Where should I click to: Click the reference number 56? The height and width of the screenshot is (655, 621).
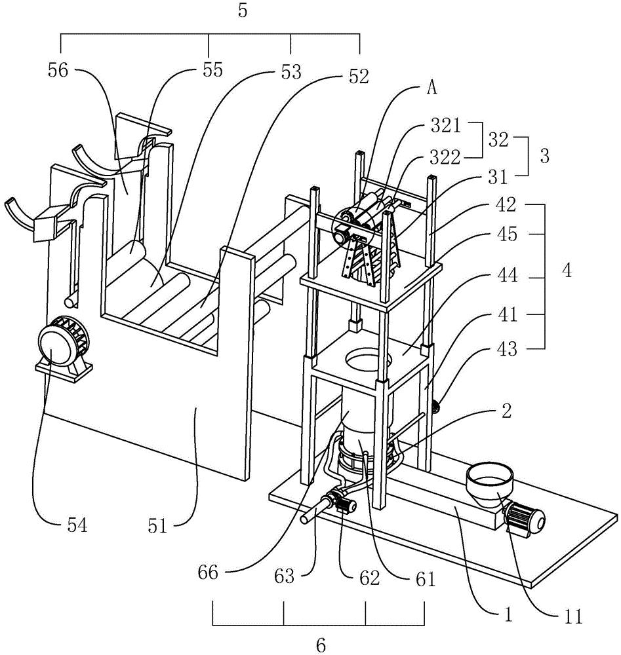58,70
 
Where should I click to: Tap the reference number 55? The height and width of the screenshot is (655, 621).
212,70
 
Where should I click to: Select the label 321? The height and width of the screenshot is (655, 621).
446,125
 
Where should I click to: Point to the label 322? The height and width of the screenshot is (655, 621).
446,157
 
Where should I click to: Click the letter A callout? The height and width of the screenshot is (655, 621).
432,88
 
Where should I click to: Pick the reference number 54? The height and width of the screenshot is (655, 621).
77,525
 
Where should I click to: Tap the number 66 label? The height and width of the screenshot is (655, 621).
208,572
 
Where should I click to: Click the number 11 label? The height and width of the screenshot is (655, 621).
573,616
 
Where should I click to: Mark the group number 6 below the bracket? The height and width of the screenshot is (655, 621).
321,645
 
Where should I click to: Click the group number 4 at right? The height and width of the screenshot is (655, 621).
566,271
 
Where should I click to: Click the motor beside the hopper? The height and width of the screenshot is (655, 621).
525,519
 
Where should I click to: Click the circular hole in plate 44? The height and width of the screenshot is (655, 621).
368,358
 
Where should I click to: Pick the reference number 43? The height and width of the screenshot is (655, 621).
507,348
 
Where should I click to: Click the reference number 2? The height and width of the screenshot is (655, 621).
506,411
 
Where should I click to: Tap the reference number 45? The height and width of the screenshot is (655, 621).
508,234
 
